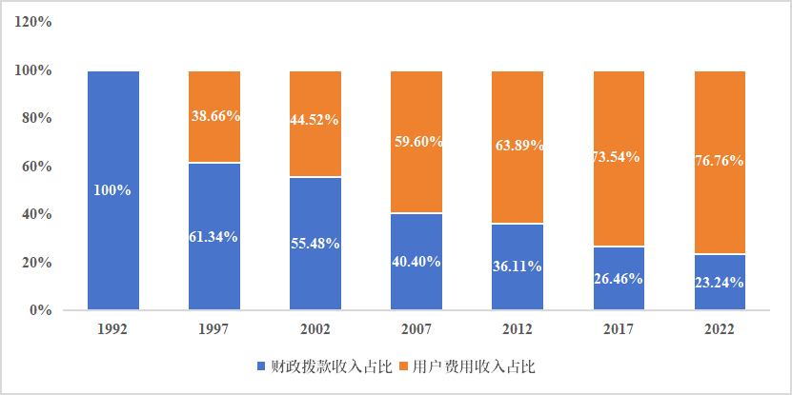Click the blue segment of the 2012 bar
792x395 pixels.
pyautogui.click(x=518, y=286)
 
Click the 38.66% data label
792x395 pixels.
pyautogui.click(x=214, y=116)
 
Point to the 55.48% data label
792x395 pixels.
pyautogui.click(x=315, y=244)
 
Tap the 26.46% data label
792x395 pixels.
pyautogui.click(x=619, y=279)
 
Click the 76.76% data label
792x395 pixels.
pyautogui.click(x=720, y=161)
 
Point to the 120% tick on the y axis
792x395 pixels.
pyautogui.click(x=32, y=22)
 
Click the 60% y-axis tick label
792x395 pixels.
pyautogui.click(x=36, y=167)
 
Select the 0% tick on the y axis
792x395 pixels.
pyautogui.click(x=40, y=310)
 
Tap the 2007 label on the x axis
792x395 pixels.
pyautogui.click(x=416, y=329)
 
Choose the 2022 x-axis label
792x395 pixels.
pyautogui.click(x=720, y=329)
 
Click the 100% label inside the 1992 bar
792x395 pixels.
pyautogui.click(x=112, y=190)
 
